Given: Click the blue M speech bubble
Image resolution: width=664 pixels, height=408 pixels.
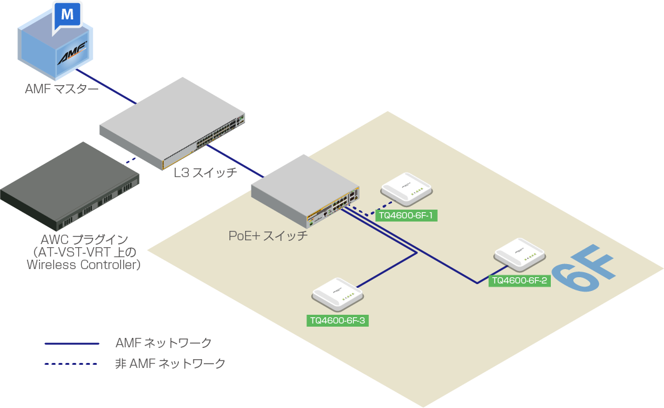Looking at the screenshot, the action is click(67, 16).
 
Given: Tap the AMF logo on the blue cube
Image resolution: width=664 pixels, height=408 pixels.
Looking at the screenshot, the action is click(72, 53).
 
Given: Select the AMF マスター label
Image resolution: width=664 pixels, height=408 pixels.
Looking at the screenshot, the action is click(62, 89).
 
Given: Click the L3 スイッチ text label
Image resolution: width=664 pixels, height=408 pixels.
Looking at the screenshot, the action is click(205, 173).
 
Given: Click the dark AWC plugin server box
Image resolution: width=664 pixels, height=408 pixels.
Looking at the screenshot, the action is click(70, 186).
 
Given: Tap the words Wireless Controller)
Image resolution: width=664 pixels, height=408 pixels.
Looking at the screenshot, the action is click(83, 265).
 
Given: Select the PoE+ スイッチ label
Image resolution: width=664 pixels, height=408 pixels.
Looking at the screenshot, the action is click(268, 235).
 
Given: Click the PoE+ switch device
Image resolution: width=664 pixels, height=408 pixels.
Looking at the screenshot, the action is click(305, 191).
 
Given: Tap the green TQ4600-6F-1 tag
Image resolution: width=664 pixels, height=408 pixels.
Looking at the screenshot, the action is click(406, 215).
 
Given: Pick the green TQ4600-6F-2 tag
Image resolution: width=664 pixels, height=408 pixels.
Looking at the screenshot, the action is click(520, 280).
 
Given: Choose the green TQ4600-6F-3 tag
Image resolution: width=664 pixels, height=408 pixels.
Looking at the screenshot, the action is click(338, 320).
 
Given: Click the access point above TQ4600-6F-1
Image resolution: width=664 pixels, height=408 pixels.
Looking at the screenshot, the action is click(406, 188).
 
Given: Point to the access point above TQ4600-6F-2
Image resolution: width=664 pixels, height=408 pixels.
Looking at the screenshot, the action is click(520, 255).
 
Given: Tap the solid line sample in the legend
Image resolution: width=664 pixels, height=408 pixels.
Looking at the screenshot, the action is click(72, 344).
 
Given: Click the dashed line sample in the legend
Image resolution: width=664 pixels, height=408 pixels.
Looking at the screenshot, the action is click(71, 364).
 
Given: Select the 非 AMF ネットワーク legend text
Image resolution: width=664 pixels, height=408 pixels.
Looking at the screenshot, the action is click(170, 364).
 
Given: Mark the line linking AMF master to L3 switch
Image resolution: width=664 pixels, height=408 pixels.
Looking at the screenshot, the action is click(106, 86).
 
